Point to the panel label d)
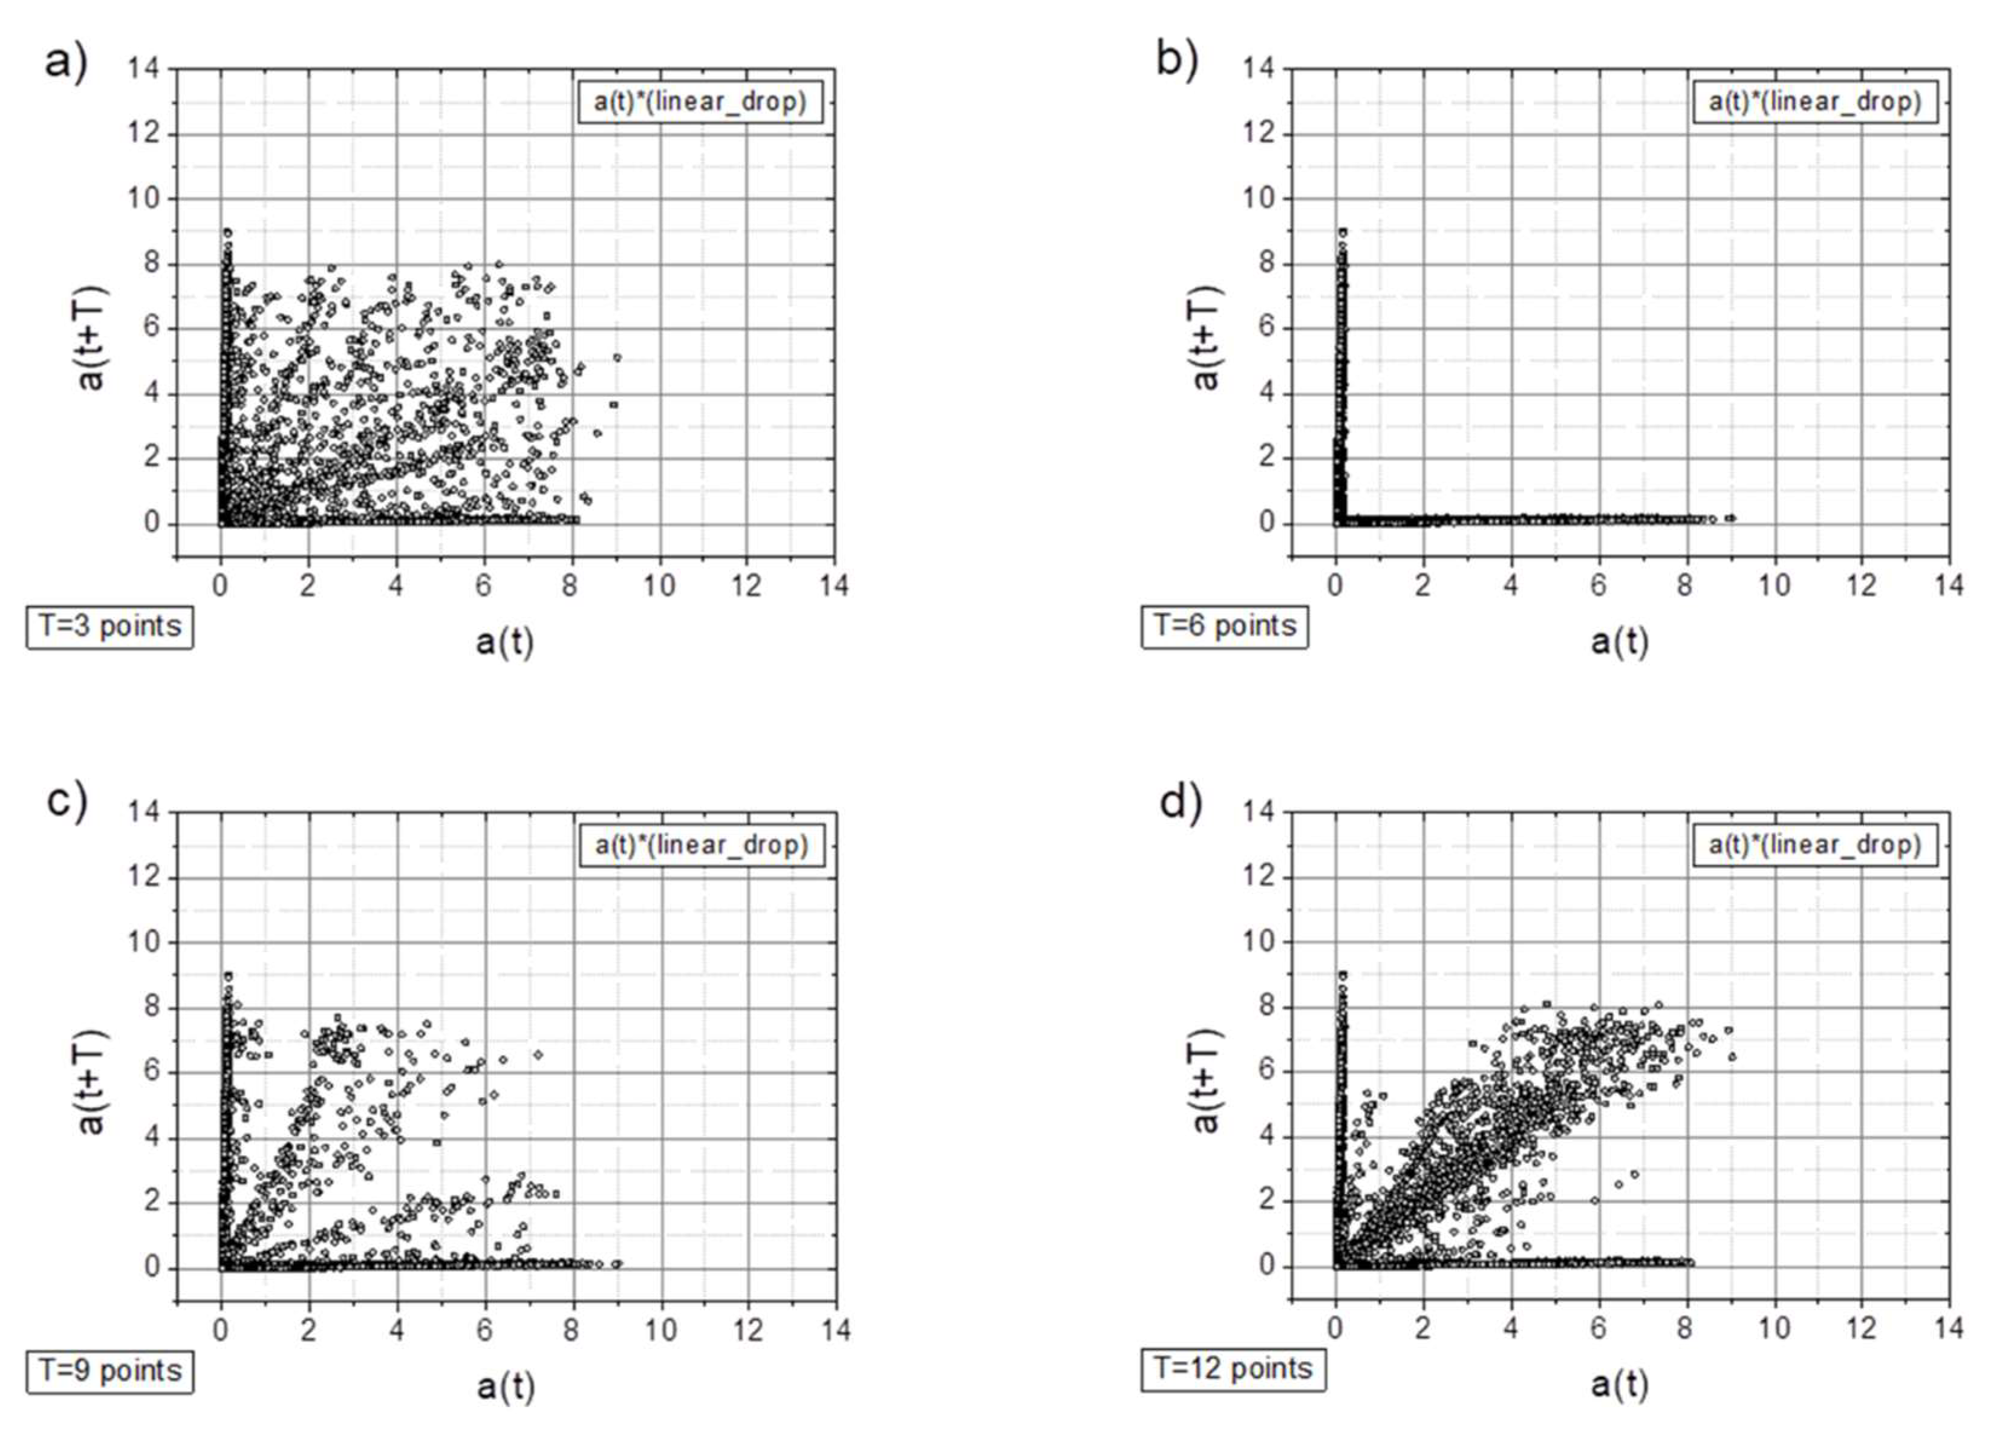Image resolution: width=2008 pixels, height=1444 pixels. tap(1180, 803)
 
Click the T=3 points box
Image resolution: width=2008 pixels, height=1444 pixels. tap(110, 627)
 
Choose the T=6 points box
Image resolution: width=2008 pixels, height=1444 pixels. tap(1224, 627)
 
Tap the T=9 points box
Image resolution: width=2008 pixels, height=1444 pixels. tap(110, 1371)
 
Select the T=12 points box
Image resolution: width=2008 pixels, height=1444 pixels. tap(1233, 1369)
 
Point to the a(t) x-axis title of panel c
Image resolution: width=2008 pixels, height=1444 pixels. tap(506, 1387)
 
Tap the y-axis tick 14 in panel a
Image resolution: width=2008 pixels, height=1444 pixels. tap(143, 68)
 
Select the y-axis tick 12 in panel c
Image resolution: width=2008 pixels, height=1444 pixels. tap(143, 877)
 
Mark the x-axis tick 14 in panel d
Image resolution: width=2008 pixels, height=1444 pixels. tap(1948, 1328)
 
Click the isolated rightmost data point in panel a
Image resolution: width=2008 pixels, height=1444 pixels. tap(617, 358)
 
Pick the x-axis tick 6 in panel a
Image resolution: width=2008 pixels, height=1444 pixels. tap(483, 585)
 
